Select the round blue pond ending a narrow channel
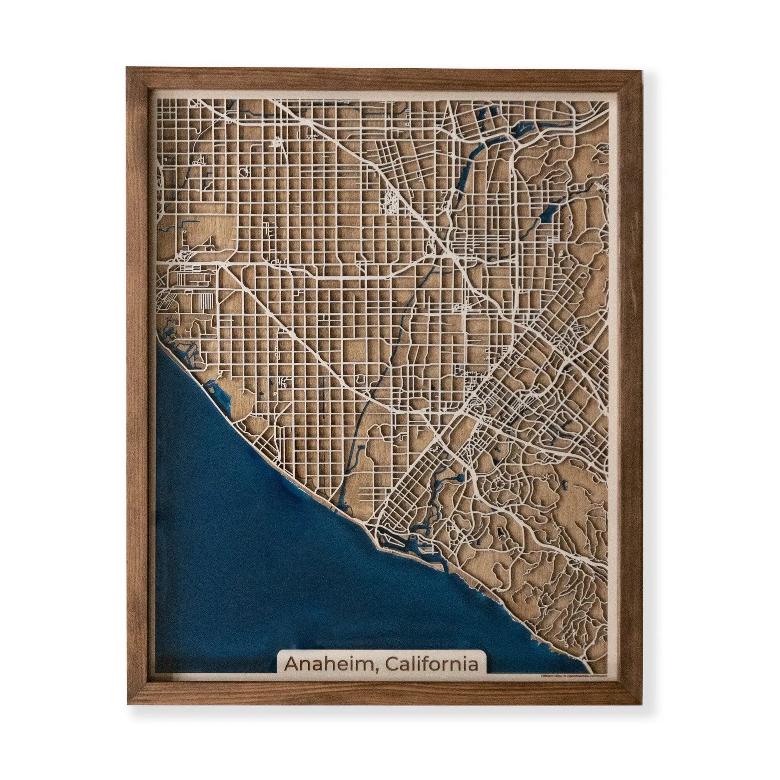tap(459, 479)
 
